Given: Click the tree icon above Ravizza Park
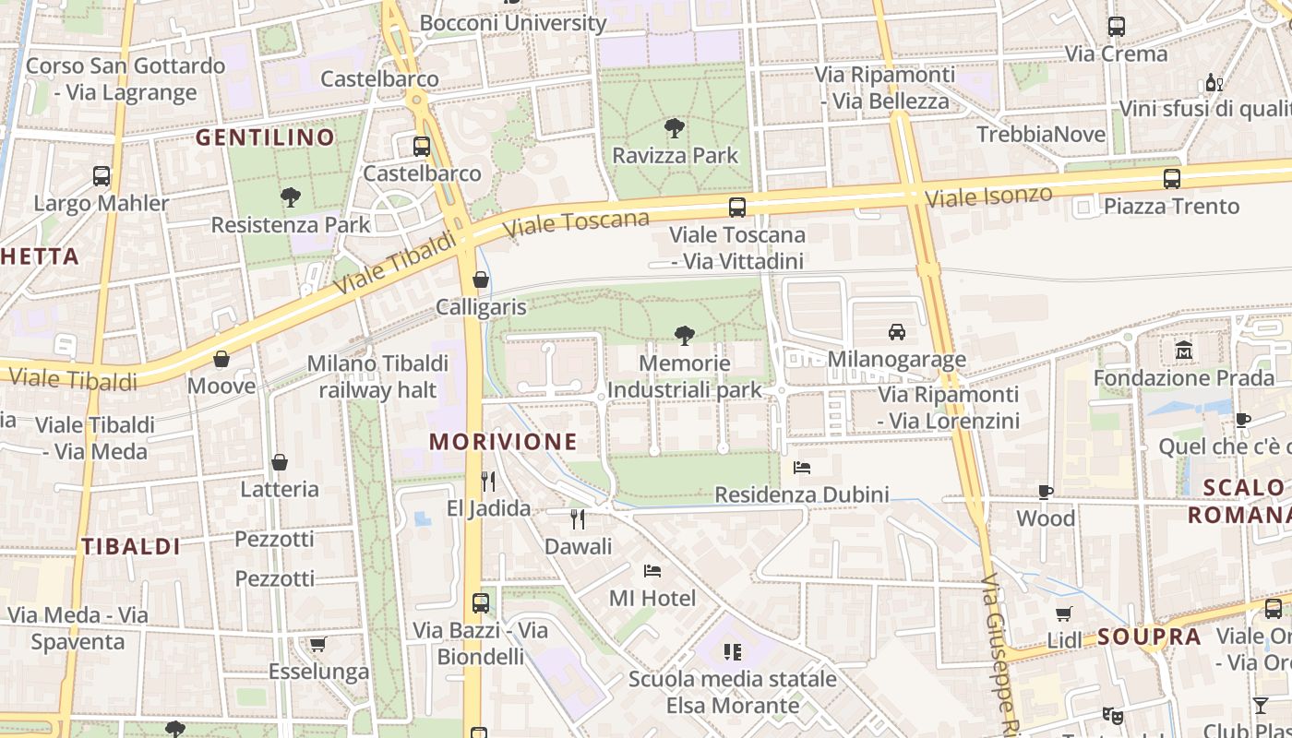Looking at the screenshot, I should pyautogui.click(x=675, y=127).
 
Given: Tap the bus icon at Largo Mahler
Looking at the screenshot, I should pyautogui.click(x=102, y=175).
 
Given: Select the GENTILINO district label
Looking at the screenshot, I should pyautogui.click(x=265, y=138).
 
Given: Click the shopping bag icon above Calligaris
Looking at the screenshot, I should pyautogui.click(x=480, y=279).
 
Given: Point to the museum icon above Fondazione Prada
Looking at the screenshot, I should pyautogui.click(x=1184, y=351).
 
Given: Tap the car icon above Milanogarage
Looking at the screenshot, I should pyautogui.click(x=896, y=331).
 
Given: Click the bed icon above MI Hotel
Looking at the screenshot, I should pyautogui.click(x=652, y=570).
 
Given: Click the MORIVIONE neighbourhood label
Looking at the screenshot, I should pyautogui.click(x=503, y=442).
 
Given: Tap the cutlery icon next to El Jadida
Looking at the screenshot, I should pyautogui.click(x=488, y=481).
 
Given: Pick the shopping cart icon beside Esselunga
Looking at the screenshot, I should pyautogui.click(x=318, y=644).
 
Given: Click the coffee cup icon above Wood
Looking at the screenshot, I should pyautogui.click(x=1046, y=492).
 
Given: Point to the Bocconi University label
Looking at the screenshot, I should pyautogui.click(x=513, y=22).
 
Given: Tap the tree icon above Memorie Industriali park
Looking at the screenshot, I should pyautogui.click(x=684, y=335).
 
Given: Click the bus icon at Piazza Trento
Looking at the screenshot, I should pyautogui.click(x=1171, y=178).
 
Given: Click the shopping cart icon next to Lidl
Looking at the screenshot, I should pyautogui.click(x=1063, y=613).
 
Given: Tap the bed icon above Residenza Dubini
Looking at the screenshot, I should pyautogui.click(x=802, y=468).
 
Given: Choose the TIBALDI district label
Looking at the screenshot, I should pyautogui.click(x=131, y=546).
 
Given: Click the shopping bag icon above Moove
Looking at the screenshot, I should pyautogui.click(x=221, y=358).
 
